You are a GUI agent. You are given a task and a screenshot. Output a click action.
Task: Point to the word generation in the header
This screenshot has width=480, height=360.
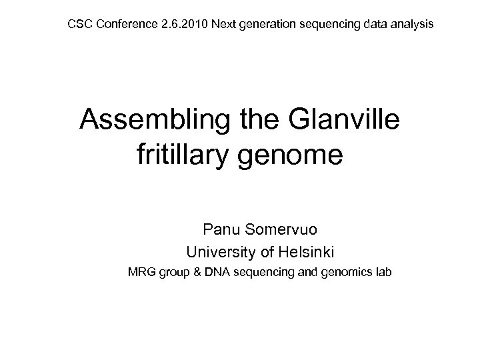[261, 25]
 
